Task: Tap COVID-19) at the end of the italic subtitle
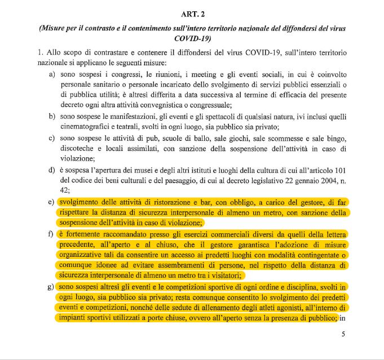pyautogui.click(x=192, y=38)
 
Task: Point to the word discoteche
pyautogui.click(x=78, y=149)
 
